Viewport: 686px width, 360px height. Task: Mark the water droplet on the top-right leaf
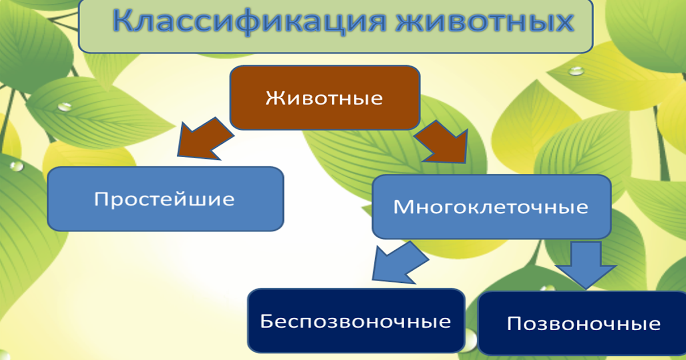click(576, 71)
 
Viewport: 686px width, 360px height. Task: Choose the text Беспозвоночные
click(356, 321)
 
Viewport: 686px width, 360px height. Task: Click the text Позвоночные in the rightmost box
click(583, 325)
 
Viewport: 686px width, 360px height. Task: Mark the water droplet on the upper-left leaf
click(65, 106)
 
